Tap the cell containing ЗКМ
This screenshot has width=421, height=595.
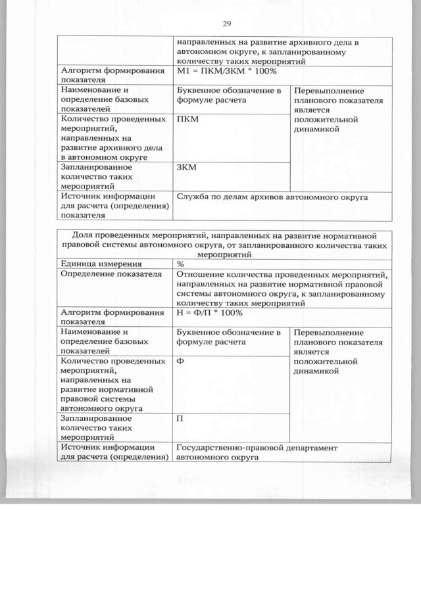pos(187,167)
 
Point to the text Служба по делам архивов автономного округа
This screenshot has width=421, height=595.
pos(272,196)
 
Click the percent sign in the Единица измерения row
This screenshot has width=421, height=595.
pos(180,263)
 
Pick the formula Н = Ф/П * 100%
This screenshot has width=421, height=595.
pos(214,312)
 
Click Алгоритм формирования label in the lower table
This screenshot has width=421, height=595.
pos(111,312)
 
